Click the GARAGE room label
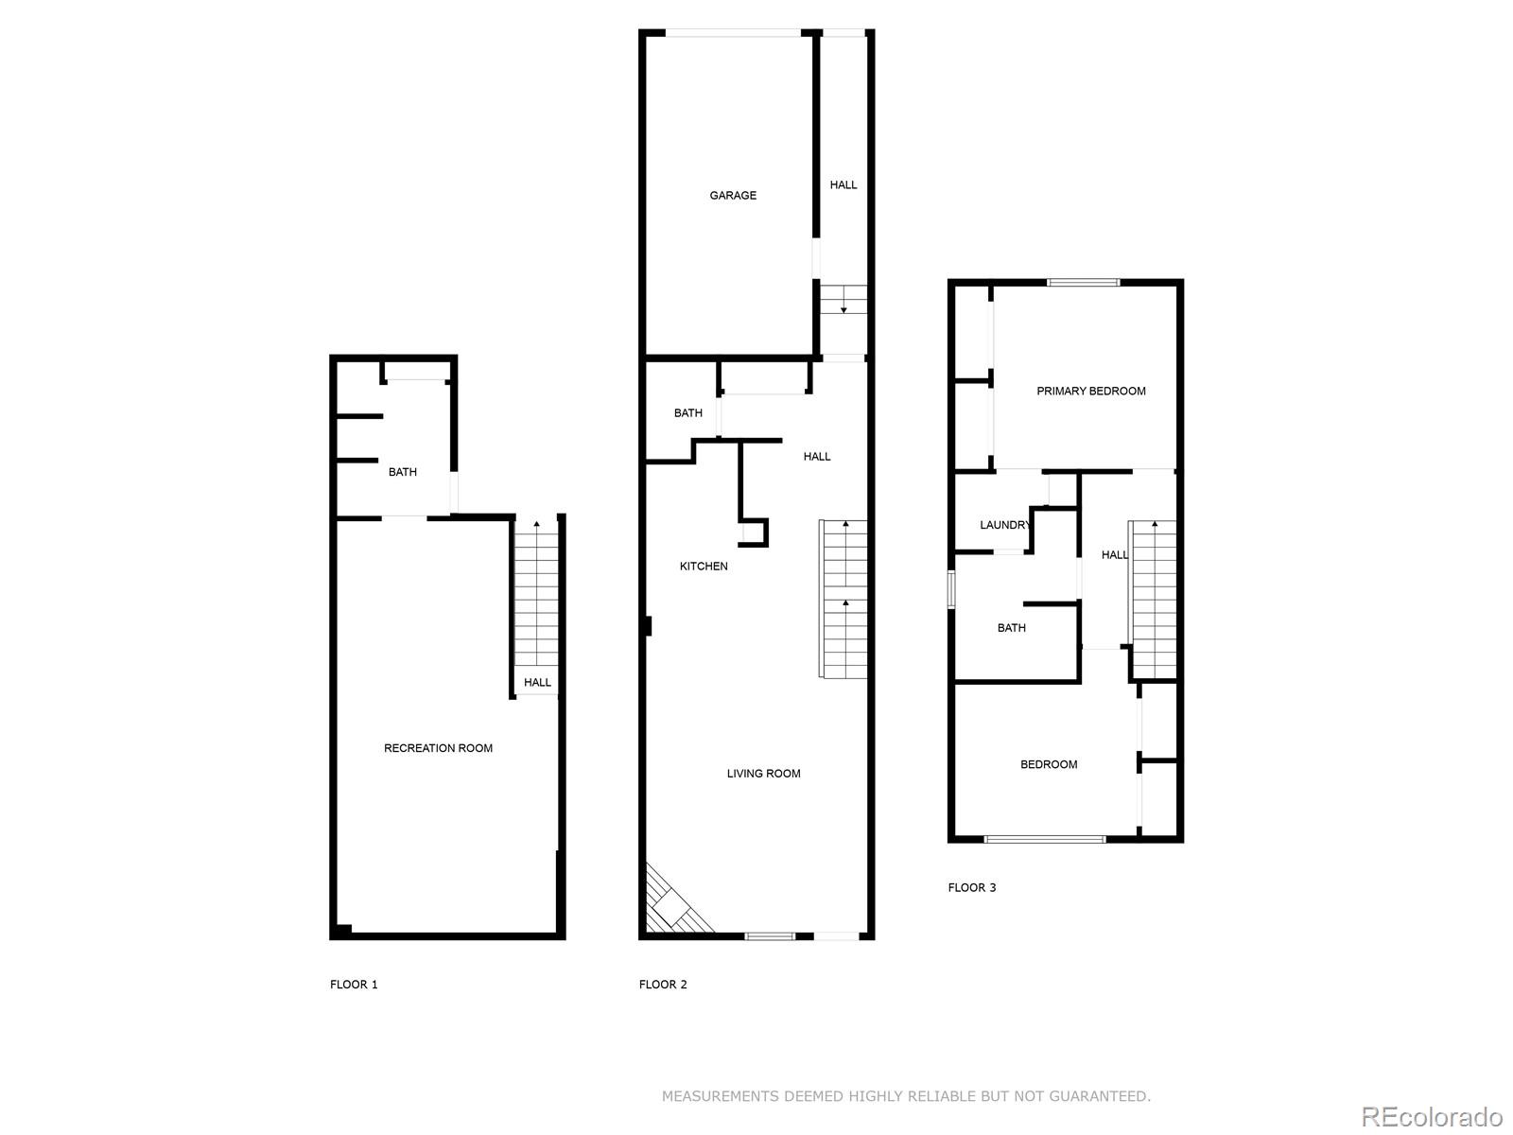[x=733, y=196]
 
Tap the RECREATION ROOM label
[x=438, y=748]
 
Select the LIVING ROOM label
[x=763, y=774]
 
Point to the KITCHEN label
[x=704, y=567]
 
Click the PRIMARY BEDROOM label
[x=1090, y=392]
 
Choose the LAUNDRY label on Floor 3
[x=1004, y=526]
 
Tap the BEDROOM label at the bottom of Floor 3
[x=1049, y=764]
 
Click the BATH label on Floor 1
[x=402, y=472]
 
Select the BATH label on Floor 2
[x=687, y=413]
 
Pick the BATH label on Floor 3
[x=1011, y=628]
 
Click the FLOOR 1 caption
[x=354, y=985]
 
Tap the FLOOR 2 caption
[x=663, y=985]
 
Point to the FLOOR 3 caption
[x=972, y=888]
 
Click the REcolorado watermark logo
[x=1432, y=1117]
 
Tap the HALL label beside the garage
[x=843, y=185]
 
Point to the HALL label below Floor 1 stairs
[x=537, y=683]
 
